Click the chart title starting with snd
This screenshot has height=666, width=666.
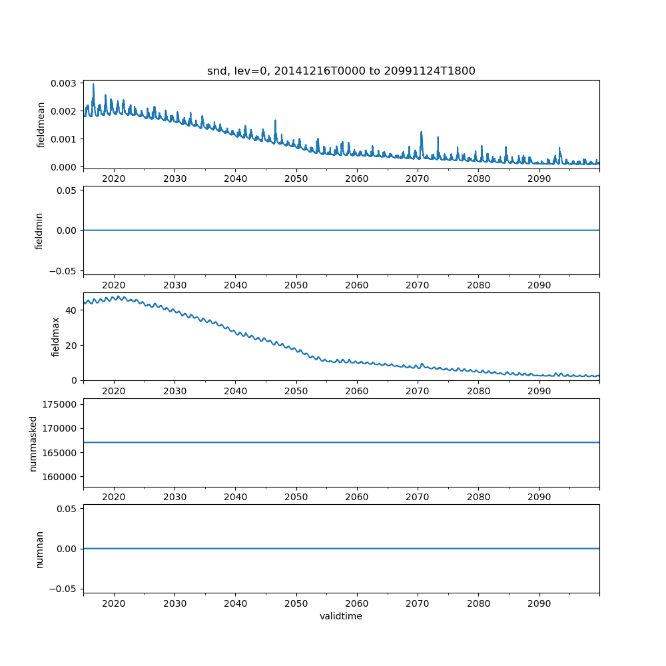(341, 71)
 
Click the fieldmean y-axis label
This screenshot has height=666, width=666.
(41, 125)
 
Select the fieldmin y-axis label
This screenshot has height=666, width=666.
(39, 230)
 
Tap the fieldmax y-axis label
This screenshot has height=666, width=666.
(56, 336)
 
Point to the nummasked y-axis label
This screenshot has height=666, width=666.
(33, 443)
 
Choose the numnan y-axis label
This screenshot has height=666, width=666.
(39, 549)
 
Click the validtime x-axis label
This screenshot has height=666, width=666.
(341, 616)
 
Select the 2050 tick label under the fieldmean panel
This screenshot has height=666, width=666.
(296, 179)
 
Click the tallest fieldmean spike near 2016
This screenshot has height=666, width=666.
(93, 85)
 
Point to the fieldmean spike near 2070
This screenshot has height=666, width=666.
(422, 133)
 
